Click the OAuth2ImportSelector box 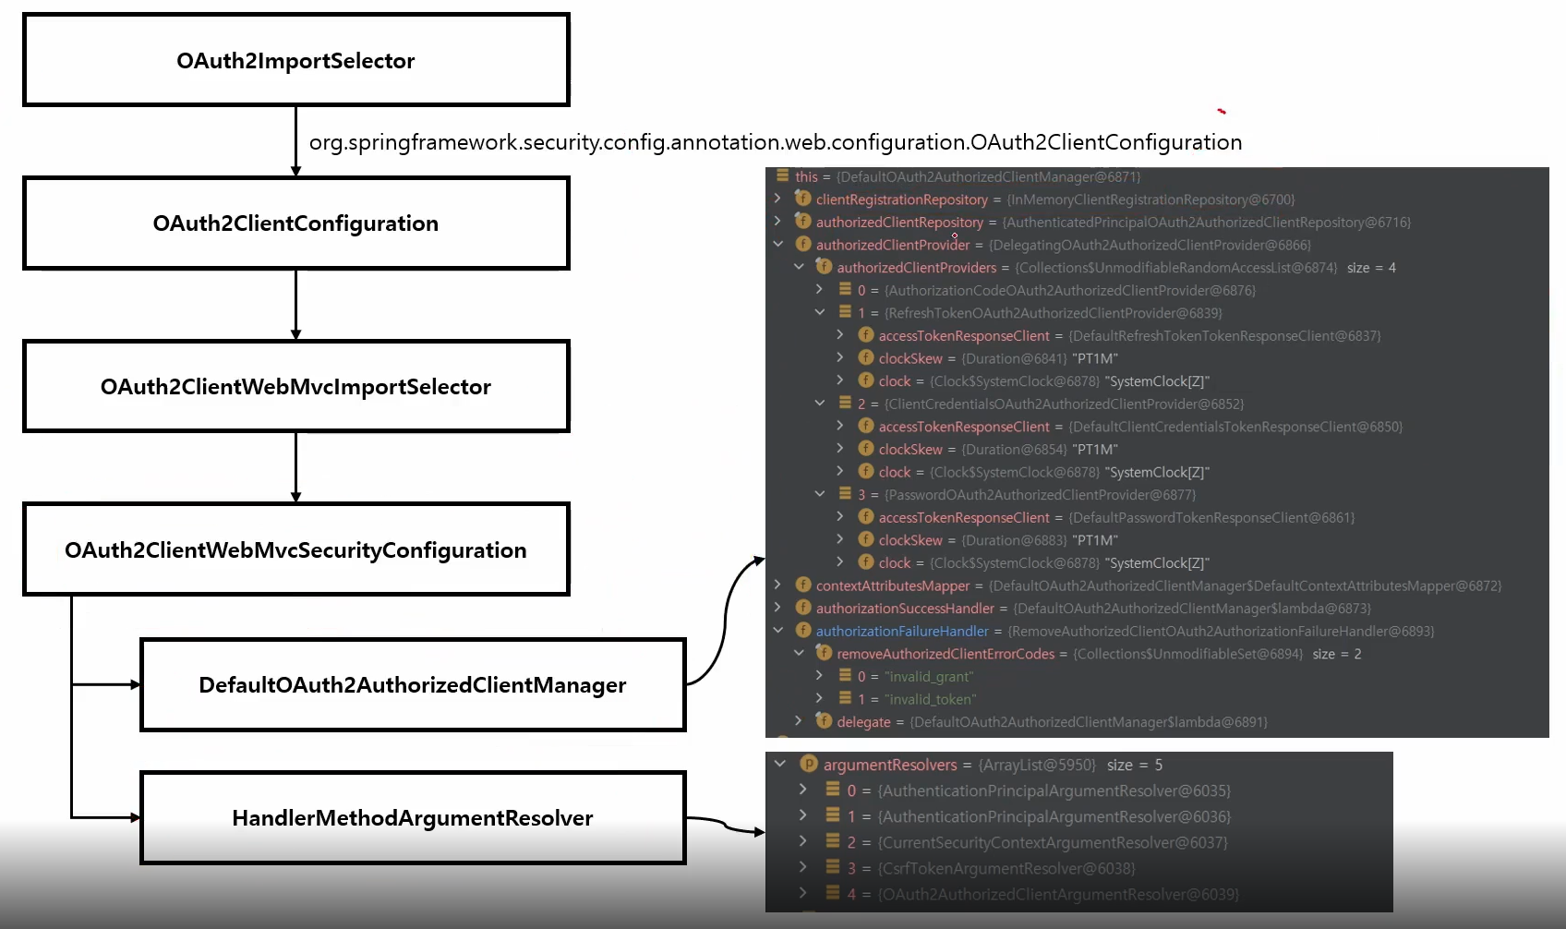tap(295, 60)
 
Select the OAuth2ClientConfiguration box tap(295, 223)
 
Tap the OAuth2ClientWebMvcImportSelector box tap(295, 386)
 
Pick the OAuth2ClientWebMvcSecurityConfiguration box tap(295, 549)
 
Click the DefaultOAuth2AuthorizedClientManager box tap(412, 684)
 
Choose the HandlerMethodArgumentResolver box tap(412, 817)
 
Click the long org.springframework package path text tap(775, 142)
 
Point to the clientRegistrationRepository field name tap(901, 199)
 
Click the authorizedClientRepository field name tap(898, 223)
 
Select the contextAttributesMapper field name tap(892, 585)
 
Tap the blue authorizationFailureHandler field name tap(901, 632)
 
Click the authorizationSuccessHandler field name tap(904, 609)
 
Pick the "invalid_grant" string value tap(928, 677)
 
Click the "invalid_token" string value tap(930, 700)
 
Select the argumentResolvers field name tap(889, 765)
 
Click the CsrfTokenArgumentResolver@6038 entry tap(1006, 868)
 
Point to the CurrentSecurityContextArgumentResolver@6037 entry tap(1052, 842)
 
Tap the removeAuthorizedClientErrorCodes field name tap(945, 654)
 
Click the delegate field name tap(863, 722)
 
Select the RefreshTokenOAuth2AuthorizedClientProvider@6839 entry tap(1053, 313)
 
